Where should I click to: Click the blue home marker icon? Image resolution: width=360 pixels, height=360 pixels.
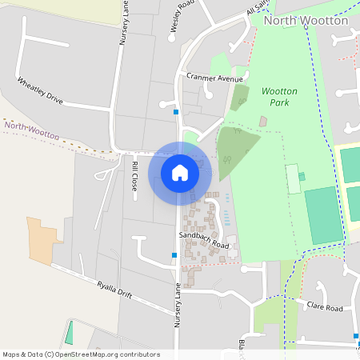coord(179,172)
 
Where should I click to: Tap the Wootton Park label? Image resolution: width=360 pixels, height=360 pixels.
coord(279,97)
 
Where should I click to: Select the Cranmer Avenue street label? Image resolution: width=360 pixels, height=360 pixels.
coord(214,78)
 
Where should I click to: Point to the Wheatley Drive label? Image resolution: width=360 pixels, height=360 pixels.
coord(40,90)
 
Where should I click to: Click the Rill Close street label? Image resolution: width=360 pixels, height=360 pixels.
coord(134,175)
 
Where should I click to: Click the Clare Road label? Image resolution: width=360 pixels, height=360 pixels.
coord(325,307)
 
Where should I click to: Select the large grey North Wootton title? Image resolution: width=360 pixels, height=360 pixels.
coord(306,20)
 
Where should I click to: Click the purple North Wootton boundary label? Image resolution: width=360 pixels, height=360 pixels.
coord(31,130)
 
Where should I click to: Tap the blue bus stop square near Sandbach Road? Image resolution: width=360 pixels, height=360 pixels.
coord(174,255)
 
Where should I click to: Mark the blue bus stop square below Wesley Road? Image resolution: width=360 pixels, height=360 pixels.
coord(175,112)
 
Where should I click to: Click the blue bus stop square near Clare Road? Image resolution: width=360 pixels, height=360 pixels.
coord(356,336)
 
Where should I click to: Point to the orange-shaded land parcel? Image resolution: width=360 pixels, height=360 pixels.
coord(42,240)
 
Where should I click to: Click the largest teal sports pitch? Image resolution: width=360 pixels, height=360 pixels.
coord(323,214)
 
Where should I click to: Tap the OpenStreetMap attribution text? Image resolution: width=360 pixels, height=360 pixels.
coord(82,354)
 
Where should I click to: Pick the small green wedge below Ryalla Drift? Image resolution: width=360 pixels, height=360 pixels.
coord(69,332)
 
